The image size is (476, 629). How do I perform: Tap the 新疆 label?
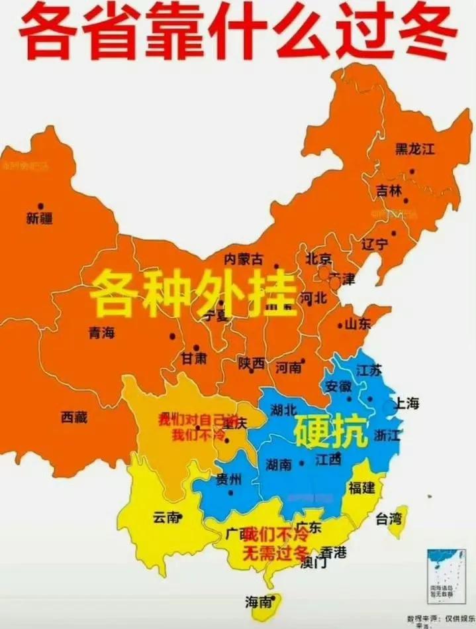tap(40, 219)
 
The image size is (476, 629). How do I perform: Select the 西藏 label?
tap(74, 417)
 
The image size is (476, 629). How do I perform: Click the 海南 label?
tap(258, 602)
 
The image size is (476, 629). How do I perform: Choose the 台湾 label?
tap(389, 518)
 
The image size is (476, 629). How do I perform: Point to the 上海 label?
tap(407, 404)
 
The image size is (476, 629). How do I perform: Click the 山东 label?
tap(358, 324)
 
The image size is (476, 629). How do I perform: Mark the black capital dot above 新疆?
tap(40, 206)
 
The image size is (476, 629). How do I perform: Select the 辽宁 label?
tap(375, 243)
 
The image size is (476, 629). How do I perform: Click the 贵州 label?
tap(228, 480)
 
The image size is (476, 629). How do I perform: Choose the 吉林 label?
tap(389, 191)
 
